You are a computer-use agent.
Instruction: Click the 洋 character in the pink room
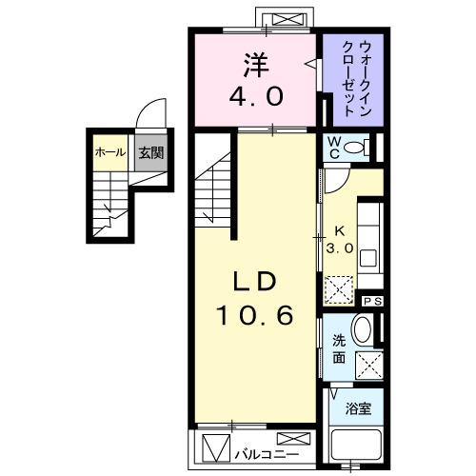[254, 65]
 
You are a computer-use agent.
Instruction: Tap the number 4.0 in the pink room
[253, 96]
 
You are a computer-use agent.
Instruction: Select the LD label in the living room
[253, 282]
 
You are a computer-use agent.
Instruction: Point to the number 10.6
[253, 315]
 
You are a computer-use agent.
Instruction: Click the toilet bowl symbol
[356, 147]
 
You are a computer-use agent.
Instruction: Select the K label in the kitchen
[339, 229]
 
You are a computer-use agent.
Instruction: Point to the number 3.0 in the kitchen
[340, 247]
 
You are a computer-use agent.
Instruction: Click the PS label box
[372, 302]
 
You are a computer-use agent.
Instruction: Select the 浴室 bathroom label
[357, 408]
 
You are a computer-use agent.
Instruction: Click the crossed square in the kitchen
[337, 287]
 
